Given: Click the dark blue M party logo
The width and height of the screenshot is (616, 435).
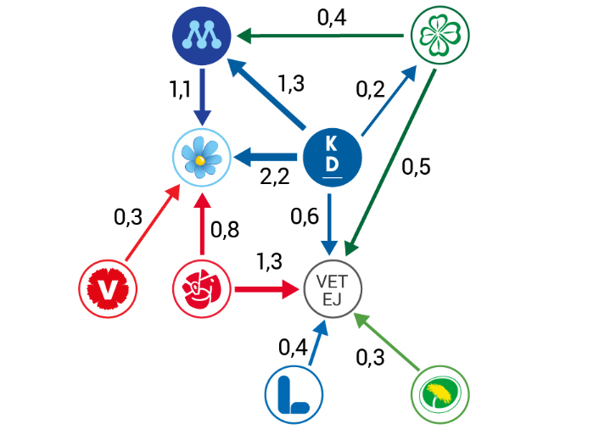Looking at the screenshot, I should [201, 36].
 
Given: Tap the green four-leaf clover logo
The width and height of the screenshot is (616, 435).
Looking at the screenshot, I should [438, 36].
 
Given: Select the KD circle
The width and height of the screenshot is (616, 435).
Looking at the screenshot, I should [333, 157].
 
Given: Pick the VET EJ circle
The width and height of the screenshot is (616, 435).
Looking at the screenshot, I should [333, 288].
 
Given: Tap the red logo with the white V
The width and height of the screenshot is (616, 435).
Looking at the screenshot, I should [108, 289].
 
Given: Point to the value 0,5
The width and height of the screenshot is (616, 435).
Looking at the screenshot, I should [416, 167].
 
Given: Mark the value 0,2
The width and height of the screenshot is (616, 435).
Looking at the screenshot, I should [370, 88].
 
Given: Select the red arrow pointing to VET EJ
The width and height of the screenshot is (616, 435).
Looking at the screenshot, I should [267, 289].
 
